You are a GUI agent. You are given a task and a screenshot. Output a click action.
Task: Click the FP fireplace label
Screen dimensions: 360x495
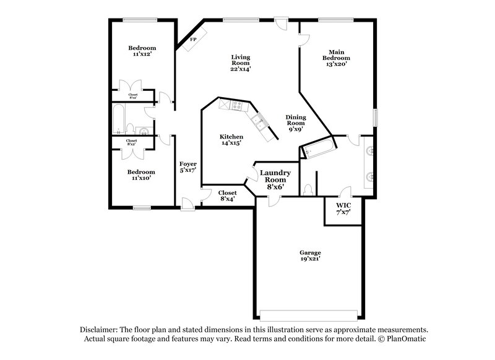(193, 40)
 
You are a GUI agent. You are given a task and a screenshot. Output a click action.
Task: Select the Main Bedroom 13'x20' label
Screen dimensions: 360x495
(336, 58)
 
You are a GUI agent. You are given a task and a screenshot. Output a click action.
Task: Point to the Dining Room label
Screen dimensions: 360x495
(295, 123)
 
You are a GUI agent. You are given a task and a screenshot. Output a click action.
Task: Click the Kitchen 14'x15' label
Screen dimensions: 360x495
(231, 140)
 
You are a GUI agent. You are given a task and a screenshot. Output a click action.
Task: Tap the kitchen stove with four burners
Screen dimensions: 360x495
(236, 106)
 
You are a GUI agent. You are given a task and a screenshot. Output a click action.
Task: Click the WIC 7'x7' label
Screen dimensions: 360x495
(343, 208)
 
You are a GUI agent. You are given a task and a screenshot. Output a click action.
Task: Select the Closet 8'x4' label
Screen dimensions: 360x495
(227, 196)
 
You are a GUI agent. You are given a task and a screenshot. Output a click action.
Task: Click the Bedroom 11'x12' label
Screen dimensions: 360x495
(142, 51)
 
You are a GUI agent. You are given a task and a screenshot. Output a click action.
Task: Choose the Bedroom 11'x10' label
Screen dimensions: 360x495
(142, 175)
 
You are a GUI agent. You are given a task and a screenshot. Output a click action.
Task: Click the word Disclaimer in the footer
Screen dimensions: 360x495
(100, 330)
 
